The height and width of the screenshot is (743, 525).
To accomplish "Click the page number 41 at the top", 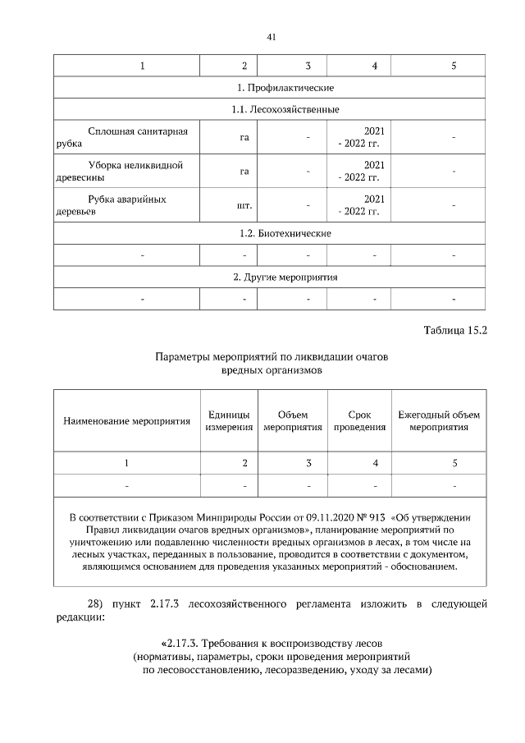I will (x=271, y=37).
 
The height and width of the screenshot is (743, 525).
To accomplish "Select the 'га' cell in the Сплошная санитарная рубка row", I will (x=244, y=137).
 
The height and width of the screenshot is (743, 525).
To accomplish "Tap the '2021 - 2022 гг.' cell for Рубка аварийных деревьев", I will (x=358, y=205).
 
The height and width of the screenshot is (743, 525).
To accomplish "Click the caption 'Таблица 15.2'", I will (x=455, y=332).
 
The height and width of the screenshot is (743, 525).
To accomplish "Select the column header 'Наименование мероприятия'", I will (x=126, y=421).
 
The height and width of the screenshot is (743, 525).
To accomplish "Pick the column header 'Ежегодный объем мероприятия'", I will (x=439, y=421).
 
